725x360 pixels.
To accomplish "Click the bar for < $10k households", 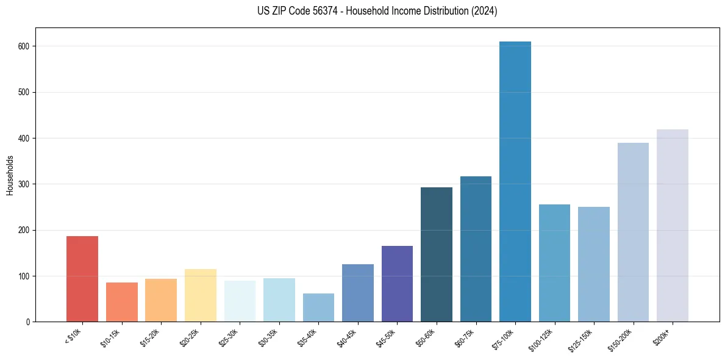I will click(82, 279).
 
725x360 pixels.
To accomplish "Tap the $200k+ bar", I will click(673, 226).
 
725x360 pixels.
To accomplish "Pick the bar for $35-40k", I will click(318, 308).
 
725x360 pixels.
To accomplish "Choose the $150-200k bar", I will click(633, 232).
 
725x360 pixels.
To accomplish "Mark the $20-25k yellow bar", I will click(201, 295).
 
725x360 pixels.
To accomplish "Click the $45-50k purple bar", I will click(397, 284).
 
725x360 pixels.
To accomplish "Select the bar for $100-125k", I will click(554, 263).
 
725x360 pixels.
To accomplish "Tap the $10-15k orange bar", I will click(122, 302).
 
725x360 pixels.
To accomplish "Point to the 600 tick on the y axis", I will click(26, 46).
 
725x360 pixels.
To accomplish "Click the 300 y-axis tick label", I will click(26, 184).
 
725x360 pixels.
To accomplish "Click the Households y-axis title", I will click(10, 175).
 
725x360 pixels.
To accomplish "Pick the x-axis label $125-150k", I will click(580, 338).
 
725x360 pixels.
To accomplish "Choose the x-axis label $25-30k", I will click(229, 336).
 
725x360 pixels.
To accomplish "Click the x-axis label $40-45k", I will click(346, 336).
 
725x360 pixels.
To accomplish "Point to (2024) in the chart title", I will click(483, 11).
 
